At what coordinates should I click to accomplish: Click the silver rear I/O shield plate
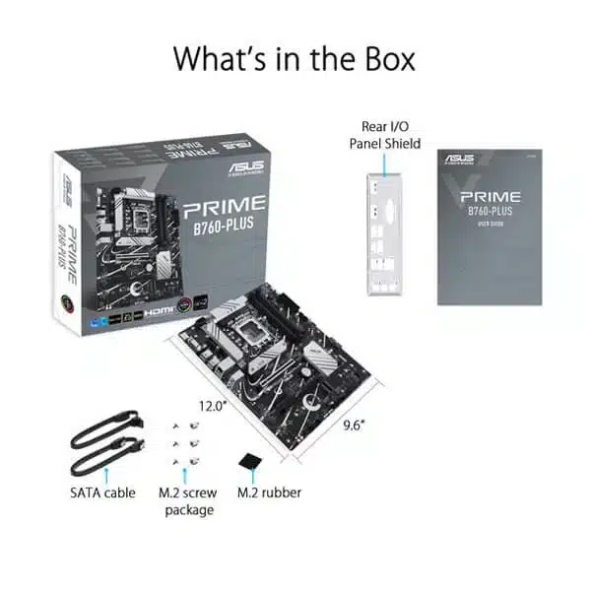(384, 234)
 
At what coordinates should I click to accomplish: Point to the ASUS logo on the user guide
(461, 160)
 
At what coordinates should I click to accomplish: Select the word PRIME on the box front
(224, 208)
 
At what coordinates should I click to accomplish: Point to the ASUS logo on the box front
(245, 168)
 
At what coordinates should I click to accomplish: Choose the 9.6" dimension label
(352, 426)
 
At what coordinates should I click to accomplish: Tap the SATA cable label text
(101, 492)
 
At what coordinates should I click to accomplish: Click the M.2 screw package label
(186, 500)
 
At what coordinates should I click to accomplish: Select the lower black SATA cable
(103, 457)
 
